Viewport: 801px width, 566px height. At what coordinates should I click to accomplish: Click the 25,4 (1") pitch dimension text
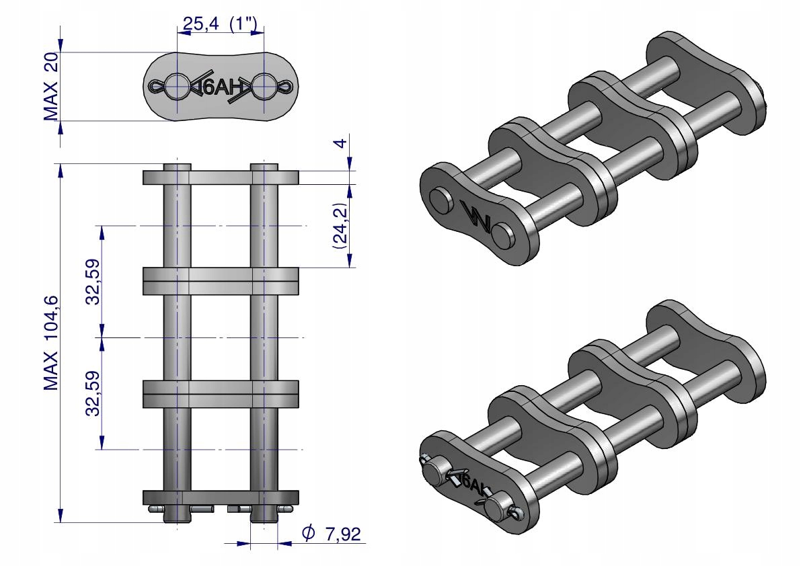coord(220,24)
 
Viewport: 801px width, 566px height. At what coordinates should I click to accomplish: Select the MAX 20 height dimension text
coord(51,86)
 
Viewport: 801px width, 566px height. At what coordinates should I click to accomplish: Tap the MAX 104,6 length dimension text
coord(51,343)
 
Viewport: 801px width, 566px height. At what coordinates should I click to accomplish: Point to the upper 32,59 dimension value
coord(93,282)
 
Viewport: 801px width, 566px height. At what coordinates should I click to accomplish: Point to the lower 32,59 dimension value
coord(93,393)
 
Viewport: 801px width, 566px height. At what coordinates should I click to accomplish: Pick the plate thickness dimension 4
coord(341,143)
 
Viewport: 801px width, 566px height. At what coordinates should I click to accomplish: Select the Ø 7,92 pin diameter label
coord(331,533)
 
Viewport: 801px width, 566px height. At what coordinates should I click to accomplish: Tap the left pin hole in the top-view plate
coord(176,86)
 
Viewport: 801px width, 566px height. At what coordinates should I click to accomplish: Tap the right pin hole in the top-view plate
coord(264,86)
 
